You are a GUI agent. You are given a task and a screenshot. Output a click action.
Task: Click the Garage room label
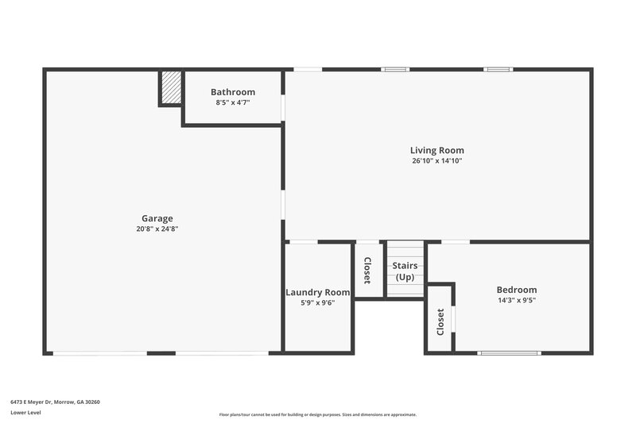point(157,218)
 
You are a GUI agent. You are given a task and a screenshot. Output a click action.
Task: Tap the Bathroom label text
point(233,92)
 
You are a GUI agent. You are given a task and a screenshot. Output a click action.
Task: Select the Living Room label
point(437,150)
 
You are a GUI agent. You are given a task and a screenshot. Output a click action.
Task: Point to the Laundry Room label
point(318,292)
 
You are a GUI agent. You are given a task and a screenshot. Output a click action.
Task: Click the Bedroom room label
point(517,290)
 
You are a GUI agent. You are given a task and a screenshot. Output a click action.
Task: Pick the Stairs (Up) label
point(405,271)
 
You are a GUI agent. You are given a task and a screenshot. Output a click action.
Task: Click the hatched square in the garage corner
point(171,87)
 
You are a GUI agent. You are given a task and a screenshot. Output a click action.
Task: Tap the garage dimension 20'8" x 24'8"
point(157,229)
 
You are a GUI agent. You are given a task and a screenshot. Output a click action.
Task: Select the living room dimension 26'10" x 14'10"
point(437,160)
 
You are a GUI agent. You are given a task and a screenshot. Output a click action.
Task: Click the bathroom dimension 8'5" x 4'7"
point(233,102)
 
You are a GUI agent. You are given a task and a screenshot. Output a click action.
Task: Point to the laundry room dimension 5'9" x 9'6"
point(318,302)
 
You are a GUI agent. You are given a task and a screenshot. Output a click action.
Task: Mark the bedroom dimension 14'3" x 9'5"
point(517,301)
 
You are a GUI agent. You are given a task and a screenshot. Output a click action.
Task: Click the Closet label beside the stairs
point(367,271)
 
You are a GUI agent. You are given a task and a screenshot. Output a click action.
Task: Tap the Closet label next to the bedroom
point(440,321)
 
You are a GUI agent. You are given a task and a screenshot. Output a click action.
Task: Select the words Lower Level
point(25,413)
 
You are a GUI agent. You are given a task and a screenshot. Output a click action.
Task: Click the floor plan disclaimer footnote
point(318,414)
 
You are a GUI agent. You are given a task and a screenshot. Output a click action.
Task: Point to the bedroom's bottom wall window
point(509,352)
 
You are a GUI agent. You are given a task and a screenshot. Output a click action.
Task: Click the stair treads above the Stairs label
point(405,250)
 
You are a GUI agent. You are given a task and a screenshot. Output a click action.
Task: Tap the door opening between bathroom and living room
point(283,106)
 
